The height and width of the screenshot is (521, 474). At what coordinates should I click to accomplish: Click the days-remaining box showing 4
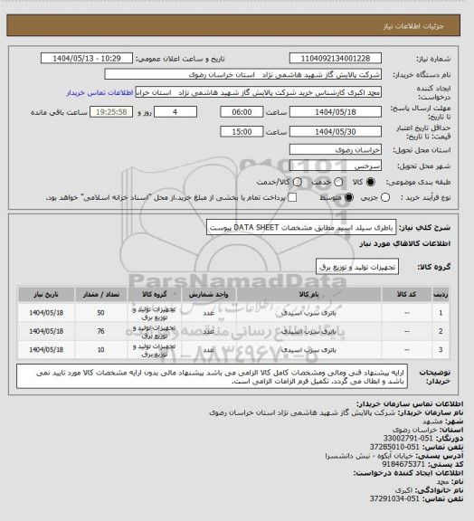[x=185, y=112]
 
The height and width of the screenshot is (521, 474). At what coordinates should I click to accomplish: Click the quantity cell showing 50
[x=100, y=312]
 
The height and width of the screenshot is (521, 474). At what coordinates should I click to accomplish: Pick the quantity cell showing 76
[x=100, y=330]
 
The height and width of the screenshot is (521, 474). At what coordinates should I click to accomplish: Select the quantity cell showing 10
[x=100, y=348]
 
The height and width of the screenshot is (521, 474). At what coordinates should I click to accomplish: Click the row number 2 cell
[x=441, y=330]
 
